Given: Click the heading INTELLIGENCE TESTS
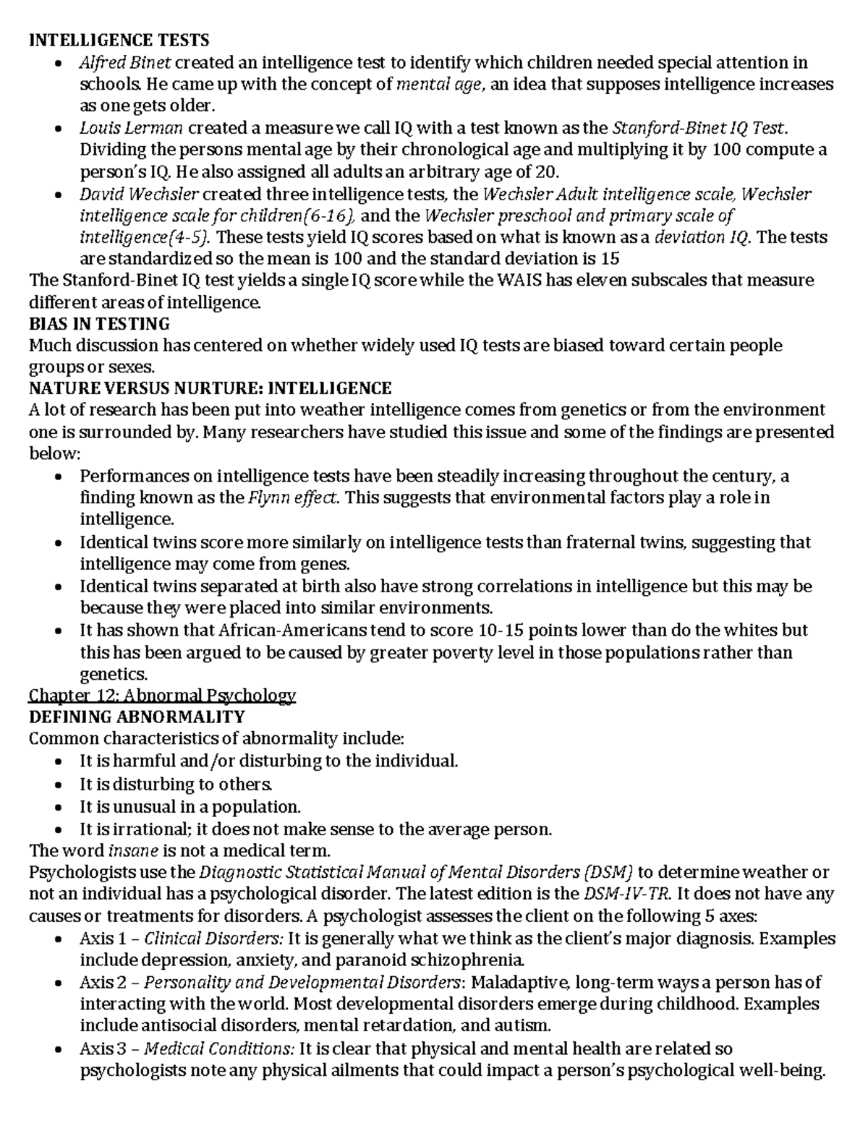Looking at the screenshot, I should point(119,40).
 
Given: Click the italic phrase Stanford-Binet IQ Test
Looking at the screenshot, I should point(698,128).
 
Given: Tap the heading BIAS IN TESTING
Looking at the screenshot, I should point(99,323).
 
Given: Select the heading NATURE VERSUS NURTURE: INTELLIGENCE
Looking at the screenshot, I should point(210,388).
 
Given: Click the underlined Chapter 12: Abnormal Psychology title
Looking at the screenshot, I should point(162,696).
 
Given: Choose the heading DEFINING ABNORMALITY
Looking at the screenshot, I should point(137,717).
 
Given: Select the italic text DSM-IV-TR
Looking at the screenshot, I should point(621,894).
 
